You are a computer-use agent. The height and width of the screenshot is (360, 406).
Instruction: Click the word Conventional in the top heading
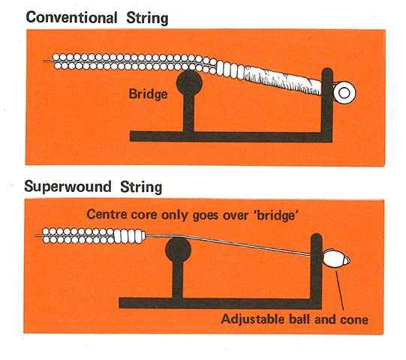(x=72, y=17)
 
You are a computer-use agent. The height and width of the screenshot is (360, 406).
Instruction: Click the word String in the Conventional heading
(x=147, y=19)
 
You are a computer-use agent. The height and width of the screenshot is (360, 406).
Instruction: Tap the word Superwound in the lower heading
(x=68, y=187)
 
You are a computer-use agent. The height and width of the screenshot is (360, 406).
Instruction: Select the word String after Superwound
(x=141, y=187)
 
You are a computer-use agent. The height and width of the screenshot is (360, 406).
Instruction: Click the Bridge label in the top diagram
(x=148, y=94)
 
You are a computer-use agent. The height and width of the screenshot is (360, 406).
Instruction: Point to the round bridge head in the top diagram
(x=189, y=82)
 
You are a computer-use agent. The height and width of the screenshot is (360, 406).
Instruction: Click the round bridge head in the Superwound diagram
(x=178, y=250)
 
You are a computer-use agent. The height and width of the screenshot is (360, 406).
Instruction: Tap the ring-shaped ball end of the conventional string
(x=344, y=93)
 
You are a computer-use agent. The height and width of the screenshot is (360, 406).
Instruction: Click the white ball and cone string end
(x=336, y=259)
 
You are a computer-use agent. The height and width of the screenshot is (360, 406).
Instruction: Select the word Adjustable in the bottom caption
(x=253, y=319)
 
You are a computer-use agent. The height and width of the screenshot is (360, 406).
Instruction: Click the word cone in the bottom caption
(x=354, y=320)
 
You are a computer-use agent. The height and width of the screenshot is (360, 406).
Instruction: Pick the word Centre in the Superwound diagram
(x=107, y=214)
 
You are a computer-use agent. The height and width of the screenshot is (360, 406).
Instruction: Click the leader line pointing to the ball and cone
(x=340, y=290)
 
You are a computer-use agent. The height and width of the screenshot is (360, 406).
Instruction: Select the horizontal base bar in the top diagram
(x=231, y=136)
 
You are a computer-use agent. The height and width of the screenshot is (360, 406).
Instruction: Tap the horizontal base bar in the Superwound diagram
(x=221, y=303)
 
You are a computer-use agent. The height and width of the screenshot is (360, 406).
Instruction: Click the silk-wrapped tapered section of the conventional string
(x=283, y=79)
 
